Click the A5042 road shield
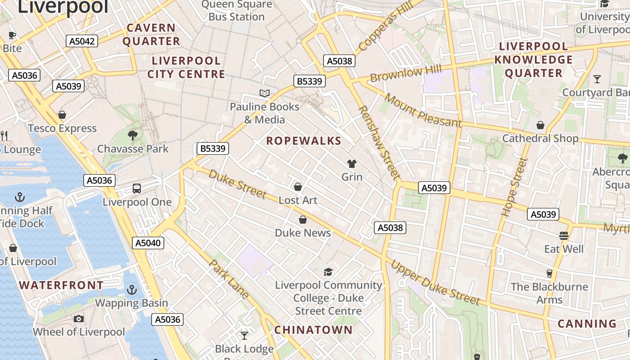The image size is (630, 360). (81, 41)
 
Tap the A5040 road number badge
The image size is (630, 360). (148, 243)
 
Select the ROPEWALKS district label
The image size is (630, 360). (304, 141)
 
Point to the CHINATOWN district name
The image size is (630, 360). (314, 330)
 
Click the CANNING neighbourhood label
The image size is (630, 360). (587, 324)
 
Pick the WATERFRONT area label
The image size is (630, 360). (62, 285)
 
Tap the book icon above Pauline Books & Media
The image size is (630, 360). (265, 94)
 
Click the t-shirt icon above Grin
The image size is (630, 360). (351, 164)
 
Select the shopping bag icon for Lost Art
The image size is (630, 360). (297, 187)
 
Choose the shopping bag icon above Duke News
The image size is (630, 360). (303, 220)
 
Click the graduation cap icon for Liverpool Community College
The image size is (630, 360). (328, 272)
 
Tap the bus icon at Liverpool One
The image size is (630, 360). (137, 189)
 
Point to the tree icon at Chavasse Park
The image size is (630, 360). (132, 135)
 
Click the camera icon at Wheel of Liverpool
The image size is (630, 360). (79, 319)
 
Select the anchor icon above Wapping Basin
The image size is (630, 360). (131, 290)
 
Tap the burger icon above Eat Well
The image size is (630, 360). (564, 236)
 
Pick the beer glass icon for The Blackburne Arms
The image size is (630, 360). (549, 274)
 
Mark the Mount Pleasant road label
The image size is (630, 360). (423, 111)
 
